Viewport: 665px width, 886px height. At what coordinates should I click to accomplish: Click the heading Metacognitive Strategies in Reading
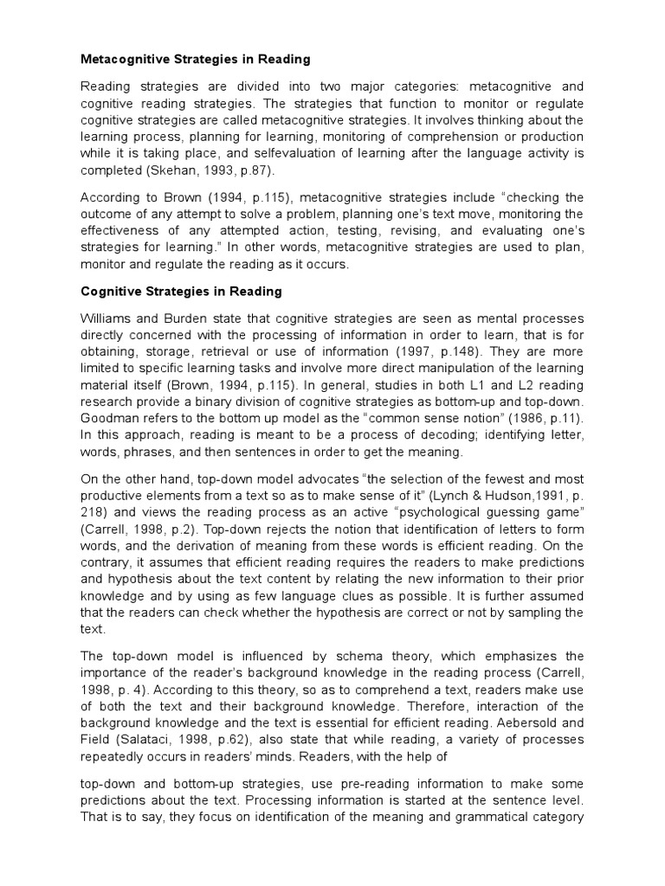[x=195, y=60]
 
